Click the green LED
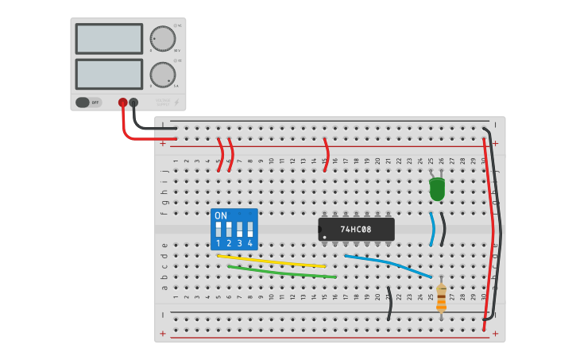click(437, 189)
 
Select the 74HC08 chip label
click(356, 230)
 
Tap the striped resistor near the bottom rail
click(441, 299)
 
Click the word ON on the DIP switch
click(221, 215)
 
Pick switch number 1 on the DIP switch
click(218, 230)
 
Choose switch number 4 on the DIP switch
click(249, 230)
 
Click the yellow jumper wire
click(270, 261)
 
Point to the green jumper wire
click(282, 272)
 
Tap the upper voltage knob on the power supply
click(162, 38)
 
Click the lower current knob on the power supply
click(162, 75)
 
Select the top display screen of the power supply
click(109, 38)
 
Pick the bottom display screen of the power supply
click(109, 74)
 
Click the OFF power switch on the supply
click(88, 102)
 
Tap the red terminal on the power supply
click(122, 103)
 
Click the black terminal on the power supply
click(133, 103)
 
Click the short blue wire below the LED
click(432, 230)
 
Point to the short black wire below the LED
click(443, 229)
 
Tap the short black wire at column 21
click(389, 304)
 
